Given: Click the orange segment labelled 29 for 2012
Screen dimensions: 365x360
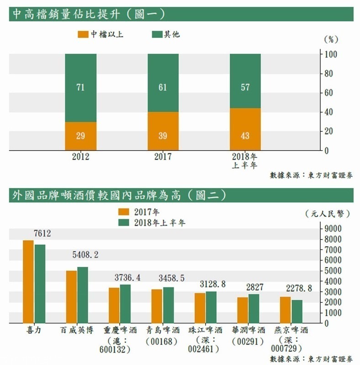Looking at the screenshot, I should coord(80,136).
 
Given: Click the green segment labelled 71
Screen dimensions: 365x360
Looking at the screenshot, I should coord(80,88).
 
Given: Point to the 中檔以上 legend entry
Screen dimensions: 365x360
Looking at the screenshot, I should coord(101,34).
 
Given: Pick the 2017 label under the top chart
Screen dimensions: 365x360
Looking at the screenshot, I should coord(163,157).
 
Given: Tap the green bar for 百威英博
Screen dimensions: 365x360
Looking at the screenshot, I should coord(83,295).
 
